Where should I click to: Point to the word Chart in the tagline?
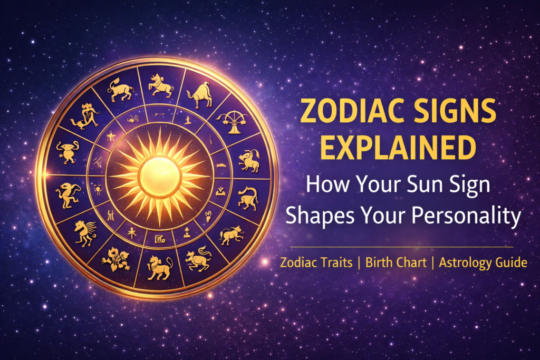point(411,262)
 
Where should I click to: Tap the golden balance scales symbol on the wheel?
point(231,120)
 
